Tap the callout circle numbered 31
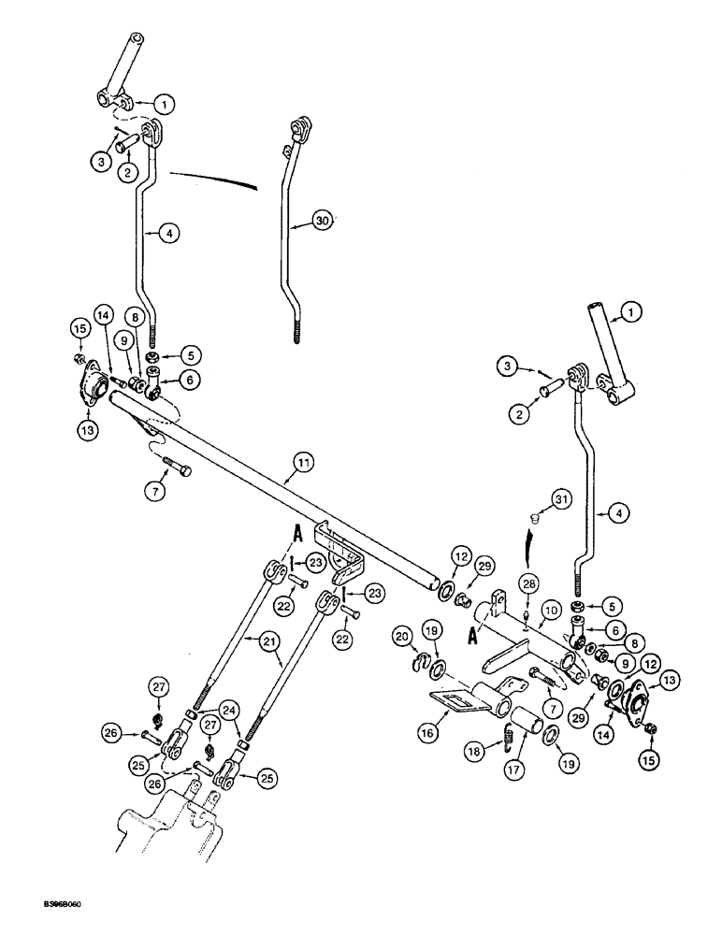[560, 501]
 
